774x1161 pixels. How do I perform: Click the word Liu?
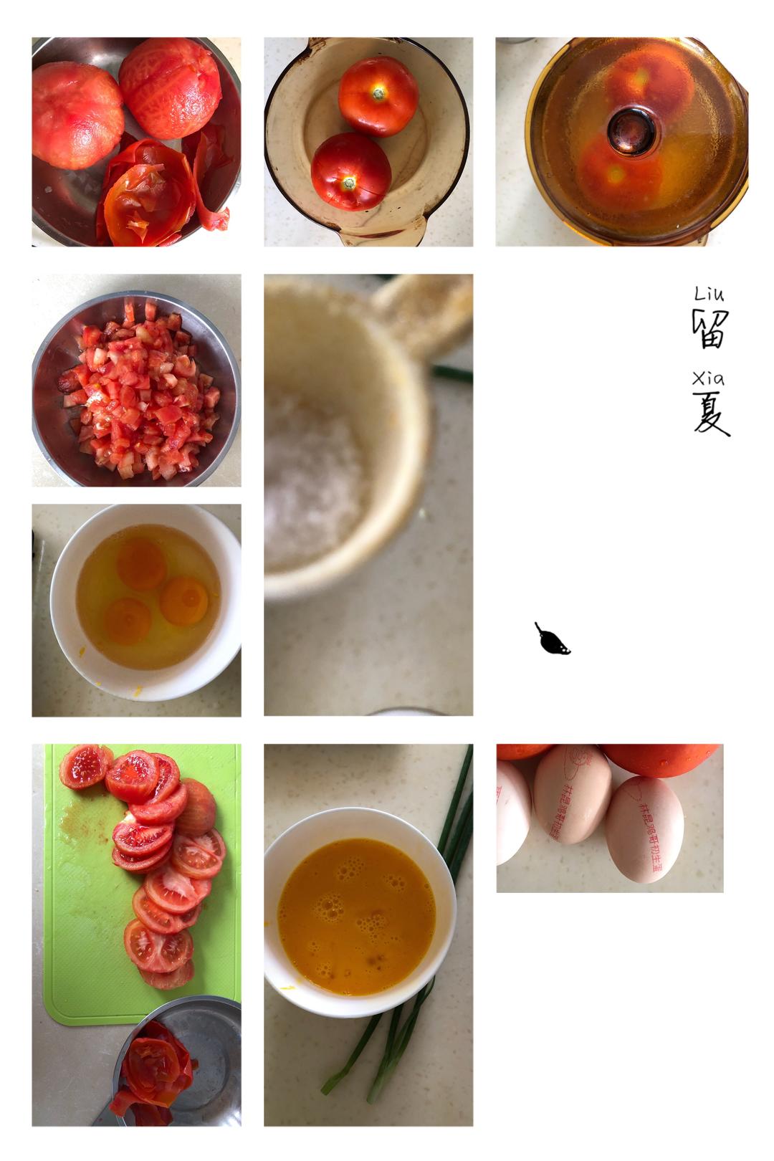point(709,294)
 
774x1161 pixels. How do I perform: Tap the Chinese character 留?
point(710,329)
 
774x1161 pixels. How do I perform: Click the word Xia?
point(709,378)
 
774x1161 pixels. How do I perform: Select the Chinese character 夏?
point(710,415)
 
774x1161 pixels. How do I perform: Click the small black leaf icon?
point(552,640)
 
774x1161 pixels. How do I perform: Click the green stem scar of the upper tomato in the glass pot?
point(378,92)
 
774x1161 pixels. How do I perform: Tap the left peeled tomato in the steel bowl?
point(77,115)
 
